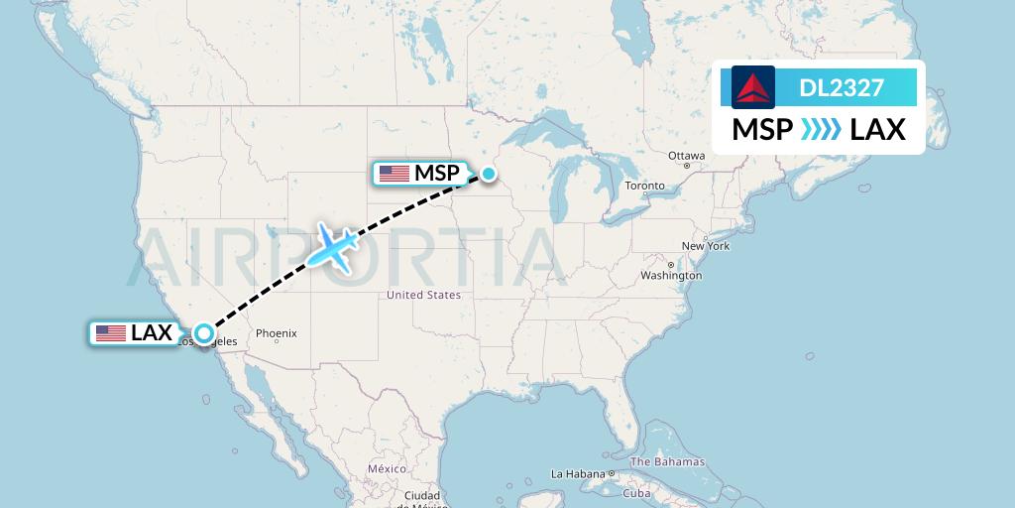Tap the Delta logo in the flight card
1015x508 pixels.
click(x=753, y=87)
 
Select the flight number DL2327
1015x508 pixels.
click(x=842, y=88)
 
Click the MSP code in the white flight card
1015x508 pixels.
click(x=762, y=130)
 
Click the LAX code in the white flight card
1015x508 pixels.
click(x=878, y=130)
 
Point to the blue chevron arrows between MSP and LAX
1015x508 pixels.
click(x=821, y=130)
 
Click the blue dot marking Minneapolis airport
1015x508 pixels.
click(x=489, y=174)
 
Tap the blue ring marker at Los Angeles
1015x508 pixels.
click(x=203, y=333)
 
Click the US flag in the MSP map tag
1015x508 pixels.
click(x=394, y=174)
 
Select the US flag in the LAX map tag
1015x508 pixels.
click(x=111, y=333)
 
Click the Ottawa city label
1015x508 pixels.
click(x=686, y=156)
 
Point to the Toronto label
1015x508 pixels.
click(x=644, y=187)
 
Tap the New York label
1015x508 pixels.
click(x=705, y=246)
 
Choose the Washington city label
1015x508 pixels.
click(x=671, y=275)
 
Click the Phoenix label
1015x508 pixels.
click(x=277, y=334)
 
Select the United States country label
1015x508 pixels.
click(x=423, y=295)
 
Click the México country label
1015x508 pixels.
click(x=387, y=468)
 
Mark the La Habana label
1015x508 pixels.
click(x=578, y=474)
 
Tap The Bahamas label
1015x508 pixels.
click(x=667, y=461)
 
